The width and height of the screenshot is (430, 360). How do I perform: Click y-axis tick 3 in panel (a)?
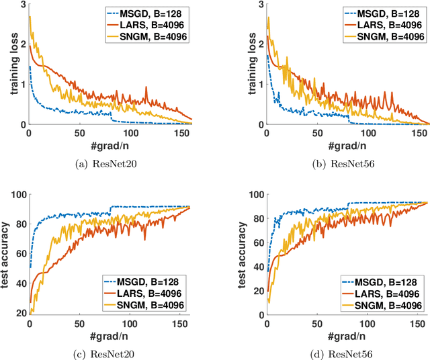pos(22,6)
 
